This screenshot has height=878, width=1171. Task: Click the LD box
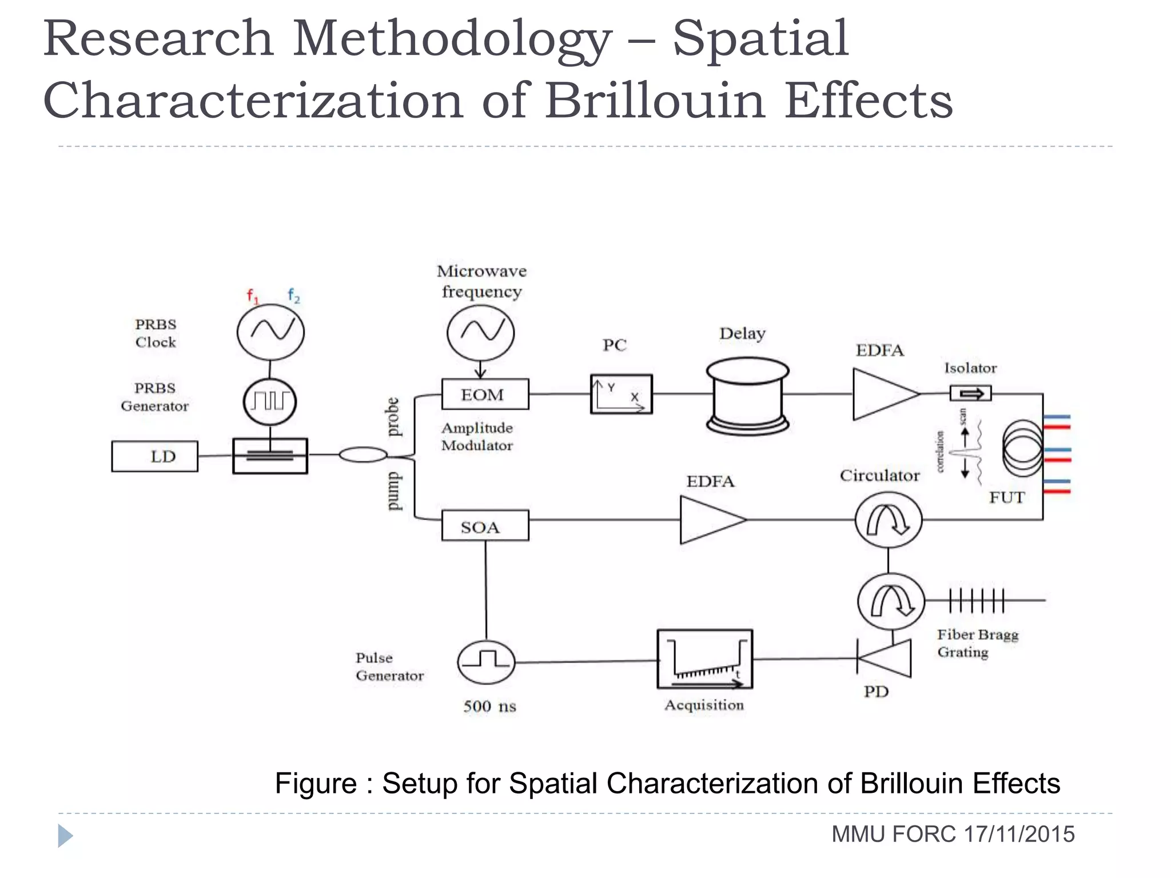pyautogui.click(x=154, y=456)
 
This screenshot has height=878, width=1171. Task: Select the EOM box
pyautogui.click(x=485, y=394)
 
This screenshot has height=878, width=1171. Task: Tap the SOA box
pyautogui.click(x=485, y=526)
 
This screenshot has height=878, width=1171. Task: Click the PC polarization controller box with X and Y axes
pyautogui.click(x=621, y=394)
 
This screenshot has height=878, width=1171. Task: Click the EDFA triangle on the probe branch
pyautogui.click(x=883, y=394)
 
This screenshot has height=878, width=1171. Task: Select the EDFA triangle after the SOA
pyautogui.click(x=711, y=520)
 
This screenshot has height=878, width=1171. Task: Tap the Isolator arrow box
pyautogui.click(x=970, y=393)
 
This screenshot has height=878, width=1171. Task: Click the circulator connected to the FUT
pyautogui.click(x=888, y=520)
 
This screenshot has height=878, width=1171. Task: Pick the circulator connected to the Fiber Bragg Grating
pyautogui.click(x=890, y=601)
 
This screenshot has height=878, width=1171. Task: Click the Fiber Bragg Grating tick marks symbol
pyautogui.click(x=977, y=600)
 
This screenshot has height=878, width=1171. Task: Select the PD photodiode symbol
pyautogui.click(x=885, y=658)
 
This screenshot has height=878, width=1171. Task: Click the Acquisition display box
pyautogui.click(x=704, y=659)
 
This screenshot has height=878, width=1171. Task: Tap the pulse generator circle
pyautogui.click(x=486, y=662)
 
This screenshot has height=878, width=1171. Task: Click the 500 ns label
pyautogui.click(x=489, y=707)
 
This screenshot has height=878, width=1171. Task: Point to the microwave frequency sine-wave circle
pyautogui.click(x=480, y=332)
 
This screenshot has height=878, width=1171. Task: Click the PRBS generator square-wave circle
pyautogui.click(x=270, y=401)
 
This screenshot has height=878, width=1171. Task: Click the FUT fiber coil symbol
pyautogui.click(x=1023, y=448)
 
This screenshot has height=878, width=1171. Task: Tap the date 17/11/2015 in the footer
pyautogui.click(x=1019, y=835)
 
